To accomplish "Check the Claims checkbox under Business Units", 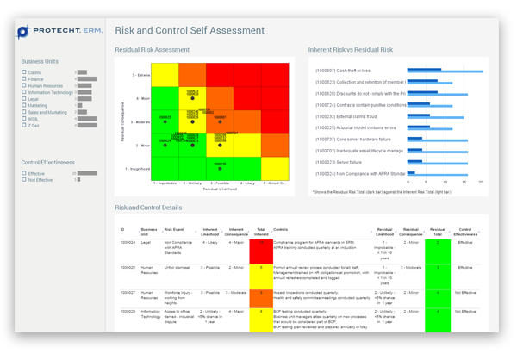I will (x=24, y=72).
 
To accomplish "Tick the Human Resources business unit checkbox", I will (x=24, y=86).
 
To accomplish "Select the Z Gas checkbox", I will (x=24, y=125).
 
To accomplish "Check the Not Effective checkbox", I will (x=24, y=180).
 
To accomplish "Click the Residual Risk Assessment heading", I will (x=152, y=50).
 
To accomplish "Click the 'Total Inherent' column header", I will (x=260, y=232).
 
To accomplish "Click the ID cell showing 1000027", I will (x=128, y=293).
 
